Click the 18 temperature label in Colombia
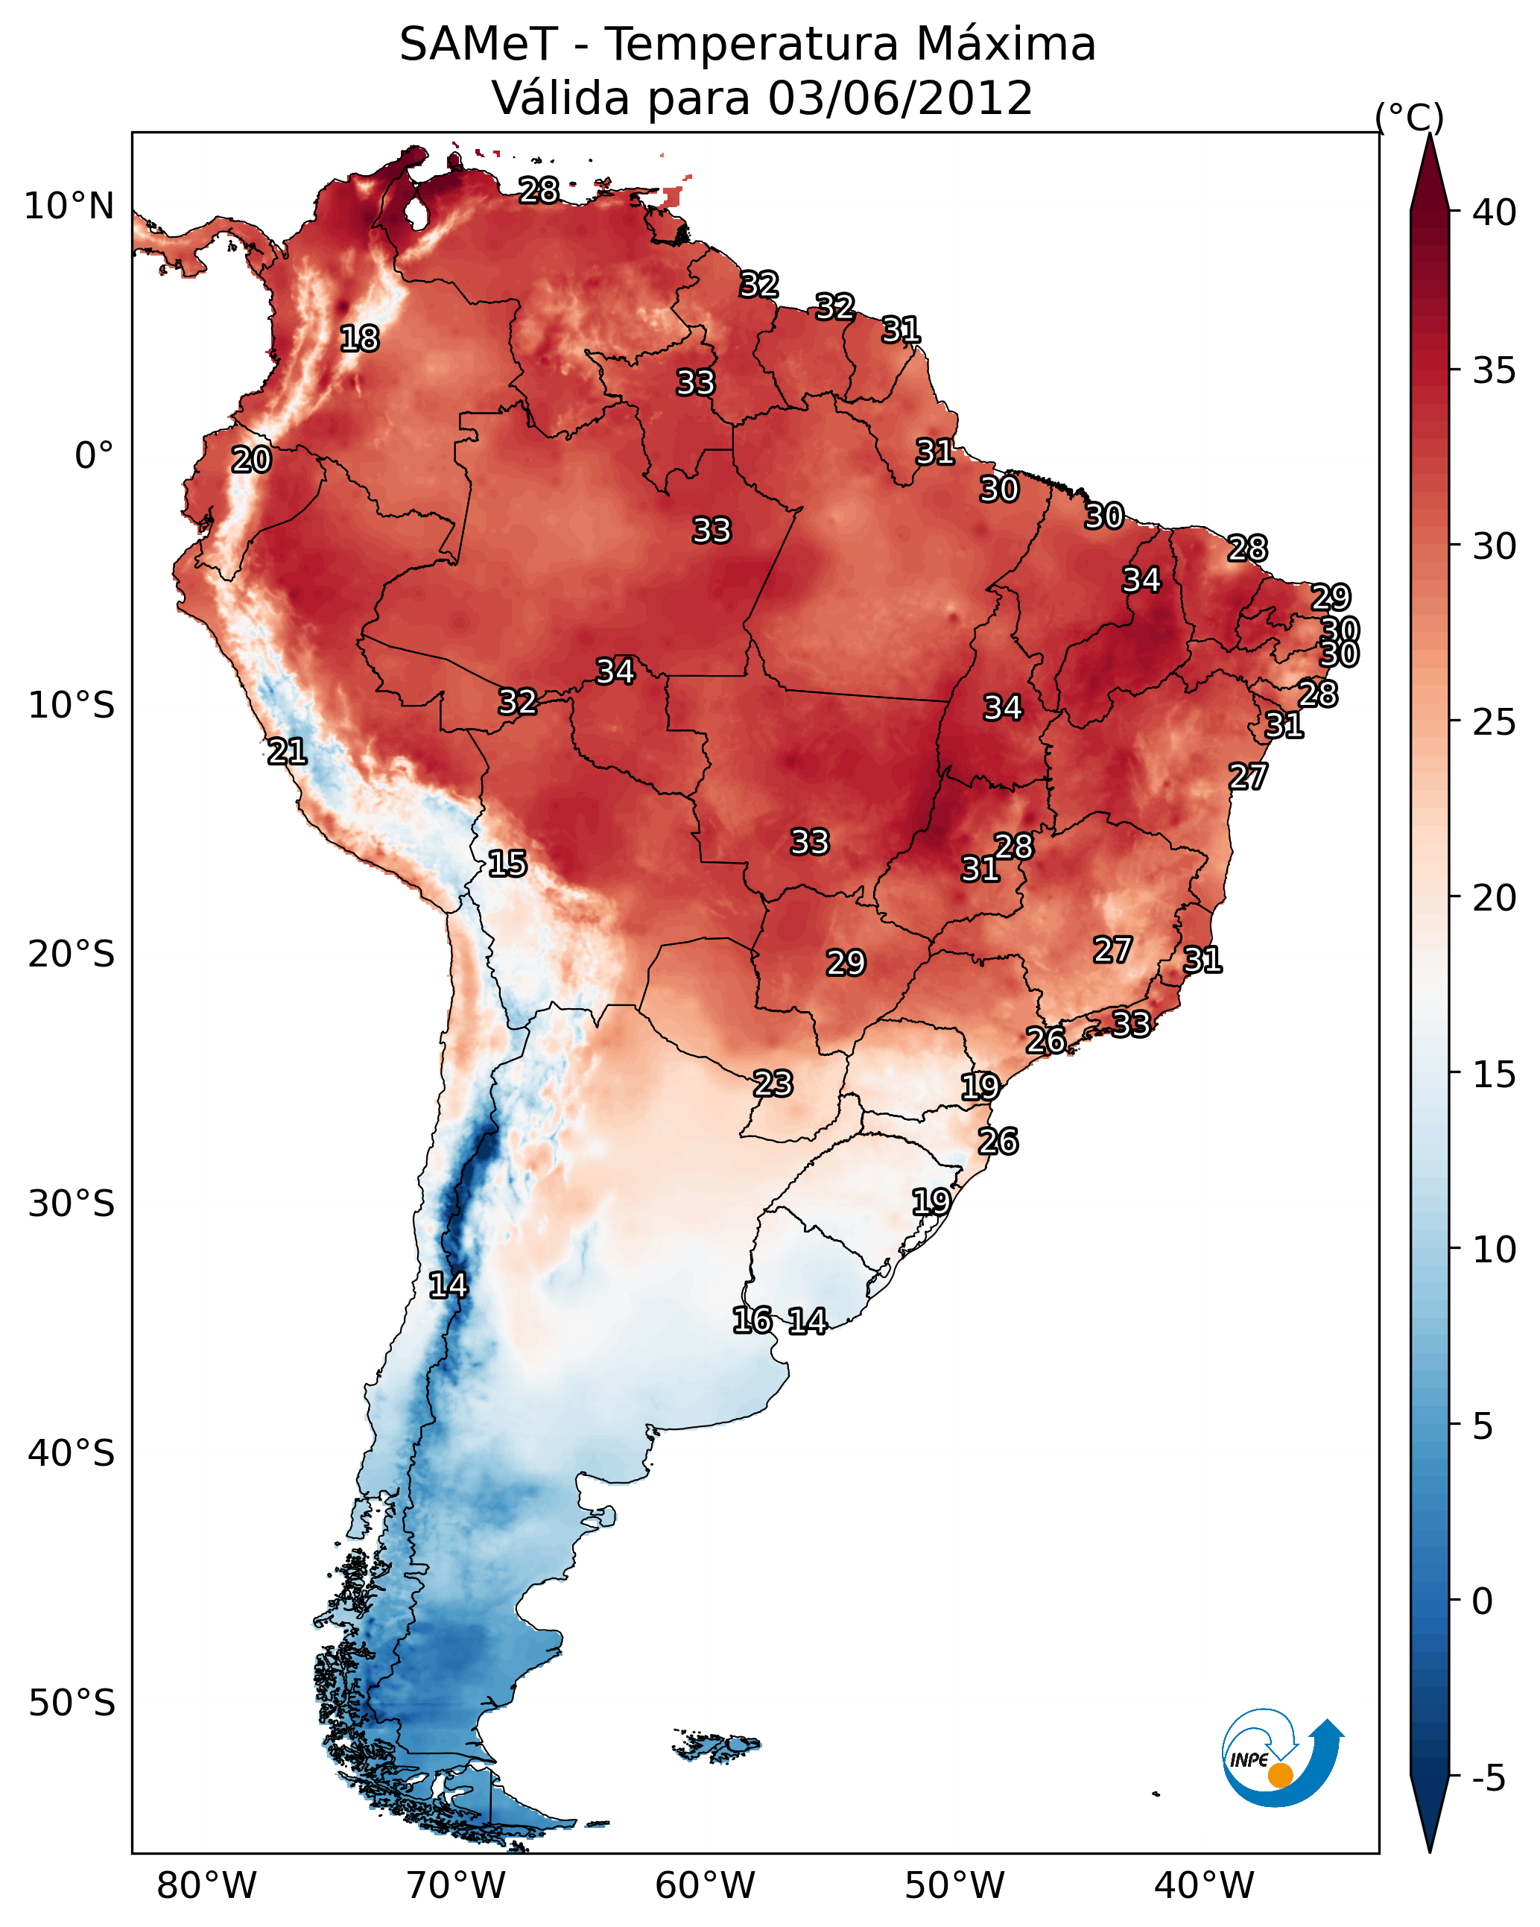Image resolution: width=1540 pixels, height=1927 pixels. (x=359, y=339)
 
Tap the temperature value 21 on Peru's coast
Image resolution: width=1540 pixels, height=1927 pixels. (x=287, y=752)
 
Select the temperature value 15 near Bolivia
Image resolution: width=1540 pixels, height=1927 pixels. (x=507, y=864)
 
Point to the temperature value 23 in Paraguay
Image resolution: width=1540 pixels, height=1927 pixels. (x=772, y=1083)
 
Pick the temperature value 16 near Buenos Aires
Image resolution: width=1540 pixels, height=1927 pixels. (x=752, y=1320)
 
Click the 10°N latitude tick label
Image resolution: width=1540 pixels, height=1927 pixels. (x=69, y=206)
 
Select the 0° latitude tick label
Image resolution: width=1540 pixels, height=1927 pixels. (x=94, y=456)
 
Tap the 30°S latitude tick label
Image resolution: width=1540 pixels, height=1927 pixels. (x=72, y=1204)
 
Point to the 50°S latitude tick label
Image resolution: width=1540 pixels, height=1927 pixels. (x=72, y=1703)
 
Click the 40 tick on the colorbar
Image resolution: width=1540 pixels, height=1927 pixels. (x=1495, y=212)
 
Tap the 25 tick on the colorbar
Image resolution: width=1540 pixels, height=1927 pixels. (x=1495, y=721)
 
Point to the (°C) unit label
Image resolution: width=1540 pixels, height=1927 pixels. (x=1410, y=117)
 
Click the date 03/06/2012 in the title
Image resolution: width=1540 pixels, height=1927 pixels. (x=900, y=98)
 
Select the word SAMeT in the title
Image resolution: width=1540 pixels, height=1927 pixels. (x=478, y=45)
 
